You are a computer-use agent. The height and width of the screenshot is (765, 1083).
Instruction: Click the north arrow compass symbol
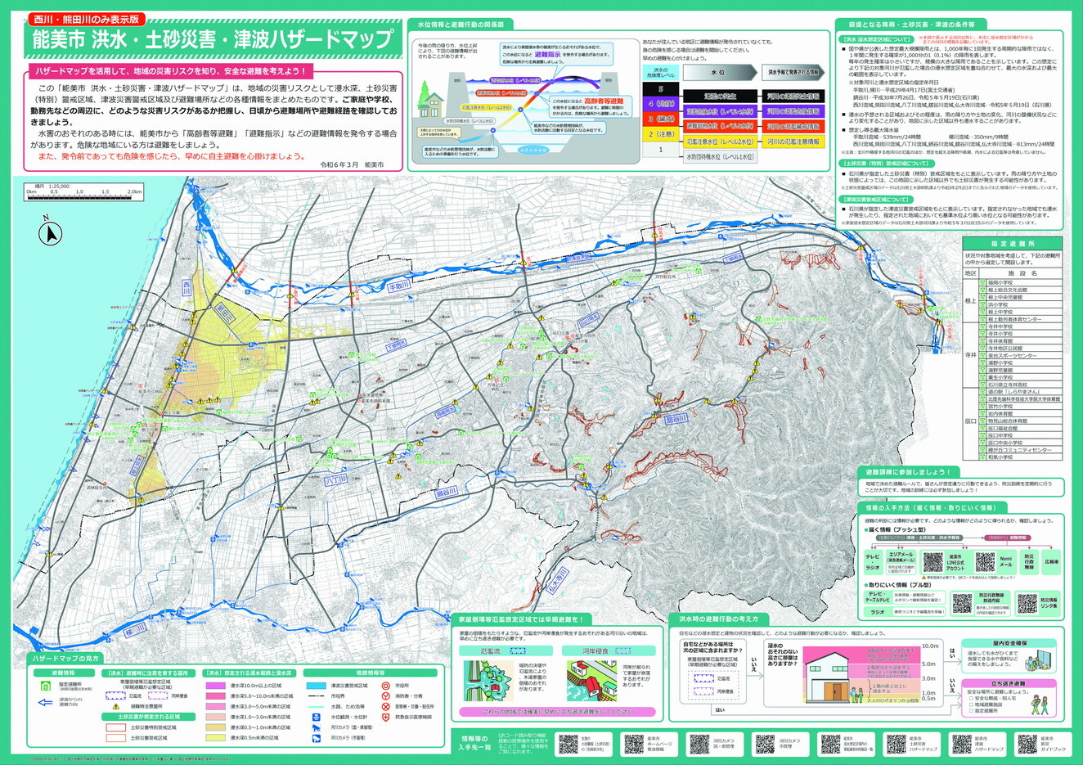coord(51,234)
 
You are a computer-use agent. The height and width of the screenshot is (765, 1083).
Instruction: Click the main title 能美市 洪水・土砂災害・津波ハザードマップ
coord(213,39)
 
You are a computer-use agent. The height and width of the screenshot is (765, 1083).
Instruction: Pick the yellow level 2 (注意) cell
coord(662,133)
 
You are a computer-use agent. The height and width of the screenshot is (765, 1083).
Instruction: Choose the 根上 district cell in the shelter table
coord(970,300)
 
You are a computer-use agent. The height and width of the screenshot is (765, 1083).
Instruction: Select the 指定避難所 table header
coord(1013,244)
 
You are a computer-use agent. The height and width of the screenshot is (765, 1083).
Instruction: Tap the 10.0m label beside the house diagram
coord(929,646)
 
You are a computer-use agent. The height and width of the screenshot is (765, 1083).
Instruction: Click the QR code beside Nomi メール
coord(985,562)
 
